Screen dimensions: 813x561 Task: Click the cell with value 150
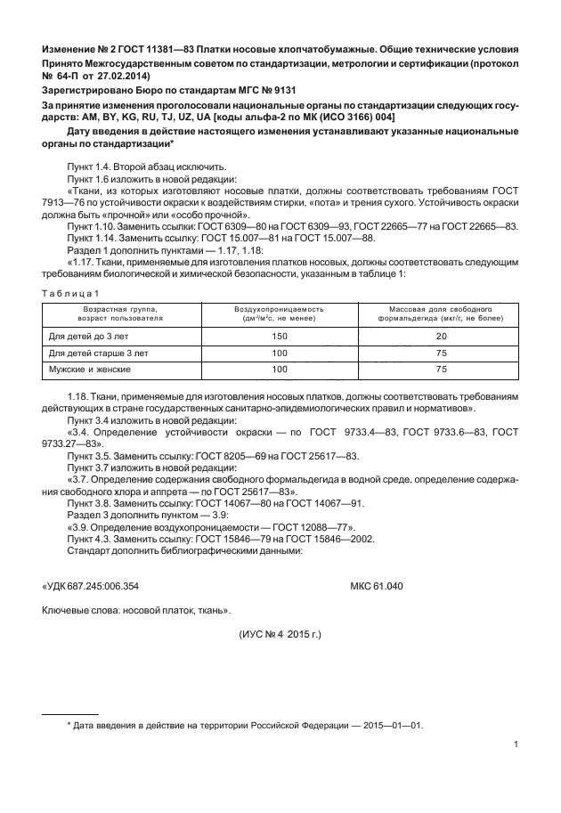tap(279, 337)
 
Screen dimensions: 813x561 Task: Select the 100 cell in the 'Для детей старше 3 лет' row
tap(279, 353)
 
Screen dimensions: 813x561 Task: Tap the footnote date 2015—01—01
tap(396, 725)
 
